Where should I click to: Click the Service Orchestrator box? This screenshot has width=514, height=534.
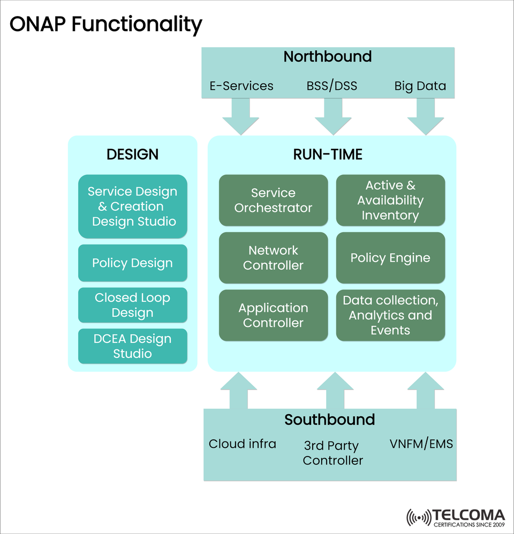click(273, 200)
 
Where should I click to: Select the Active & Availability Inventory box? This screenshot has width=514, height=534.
click(390, 200)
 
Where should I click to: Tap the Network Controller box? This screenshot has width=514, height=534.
click(273, 257)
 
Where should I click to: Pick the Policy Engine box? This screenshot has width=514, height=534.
click(390, 257)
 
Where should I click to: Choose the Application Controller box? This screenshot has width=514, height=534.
click(273, 315)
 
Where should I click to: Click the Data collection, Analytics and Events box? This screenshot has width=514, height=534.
click(390, 315)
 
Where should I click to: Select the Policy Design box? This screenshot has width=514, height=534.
click(132, 263)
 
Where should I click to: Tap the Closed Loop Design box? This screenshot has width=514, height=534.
click(132, 305)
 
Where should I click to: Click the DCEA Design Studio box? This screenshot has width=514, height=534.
click(132, 346)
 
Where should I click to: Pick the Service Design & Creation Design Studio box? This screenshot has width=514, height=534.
click(132, 206)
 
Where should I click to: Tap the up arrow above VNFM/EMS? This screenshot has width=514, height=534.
click(426, 391)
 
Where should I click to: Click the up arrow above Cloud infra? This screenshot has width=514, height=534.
click(238, 391)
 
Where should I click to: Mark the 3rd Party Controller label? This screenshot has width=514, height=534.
click(332, 453)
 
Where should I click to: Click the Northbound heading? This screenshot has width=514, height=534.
click(327, 57)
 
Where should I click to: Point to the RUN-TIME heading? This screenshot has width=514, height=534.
click(328, 155)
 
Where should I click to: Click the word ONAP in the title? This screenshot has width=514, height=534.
click(37, 24)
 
